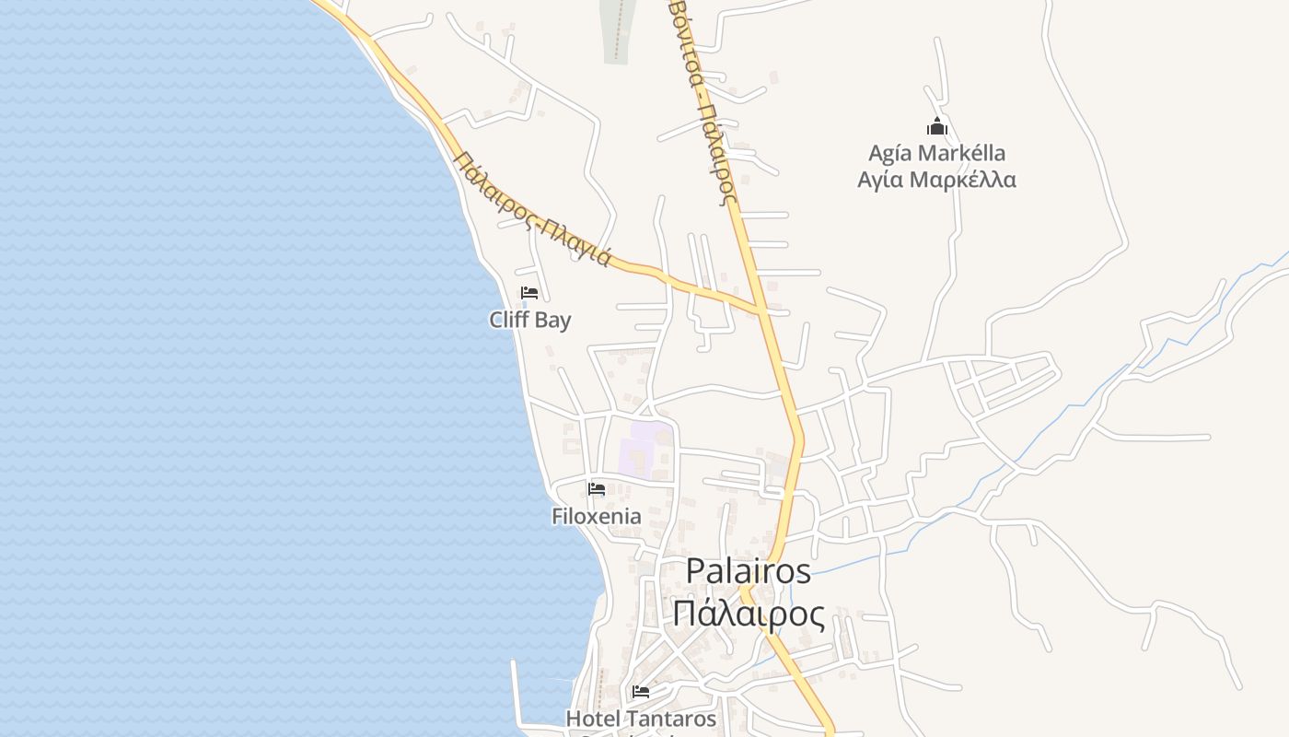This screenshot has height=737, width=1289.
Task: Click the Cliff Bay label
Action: tap(529, 321)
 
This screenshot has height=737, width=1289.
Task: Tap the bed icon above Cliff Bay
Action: tap(529, 293)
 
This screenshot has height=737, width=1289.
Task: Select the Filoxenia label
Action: tap(597, 516)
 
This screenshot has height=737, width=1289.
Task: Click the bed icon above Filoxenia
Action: tap(597, 488)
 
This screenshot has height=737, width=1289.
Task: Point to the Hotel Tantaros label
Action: tap(641, 719)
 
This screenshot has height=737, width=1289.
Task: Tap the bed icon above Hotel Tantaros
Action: tap(641, 691)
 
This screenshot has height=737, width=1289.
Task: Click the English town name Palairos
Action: tap(749, 571)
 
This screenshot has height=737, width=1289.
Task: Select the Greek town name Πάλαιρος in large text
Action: tap(749, 614)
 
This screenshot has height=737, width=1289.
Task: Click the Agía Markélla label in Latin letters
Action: tap(937, 153)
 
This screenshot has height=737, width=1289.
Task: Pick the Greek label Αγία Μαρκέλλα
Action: tap(937, 180)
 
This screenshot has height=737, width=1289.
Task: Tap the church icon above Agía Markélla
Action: tap(937, 126)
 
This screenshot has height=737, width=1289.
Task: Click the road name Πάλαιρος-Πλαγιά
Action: tap(532, 208)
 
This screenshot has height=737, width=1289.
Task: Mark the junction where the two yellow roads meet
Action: tap(763, 310)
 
